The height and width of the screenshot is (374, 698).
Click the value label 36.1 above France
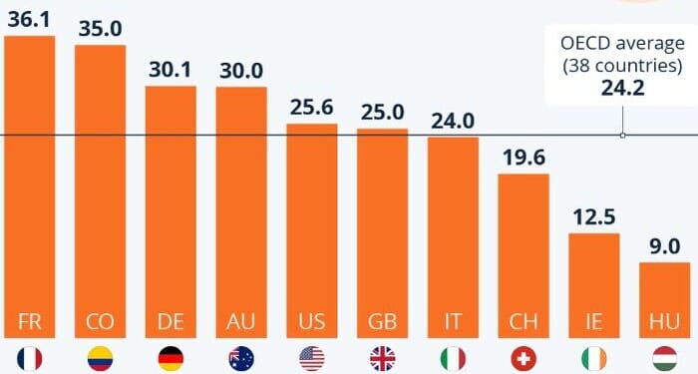(x=29, y=17)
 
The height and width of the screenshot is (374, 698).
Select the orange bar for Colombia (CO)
(x=100, y=189)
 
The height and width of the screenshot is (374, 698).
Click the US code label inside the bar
(x=312, y=321)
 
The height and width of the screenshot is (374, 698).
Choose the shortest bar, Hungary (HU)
(x=665, y=299)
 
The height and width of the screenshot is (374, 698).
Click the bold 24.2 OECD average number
(x=623, y=88)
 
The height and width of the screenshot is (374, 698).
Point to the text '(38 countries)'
(x=623, y=66)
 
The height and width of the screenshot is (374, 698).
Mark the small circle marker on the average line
(x=623, y=135)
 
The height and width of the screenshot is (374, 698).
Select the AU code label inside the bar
(x=241, y=321)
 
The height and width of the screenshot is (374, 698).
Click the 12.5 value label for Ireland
(x=594, y=216)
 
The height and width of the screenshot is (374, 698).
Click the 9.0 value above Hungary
(x=665, y=246)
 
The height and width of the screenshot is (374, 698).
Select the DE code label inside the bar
(x=171, y=321)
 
